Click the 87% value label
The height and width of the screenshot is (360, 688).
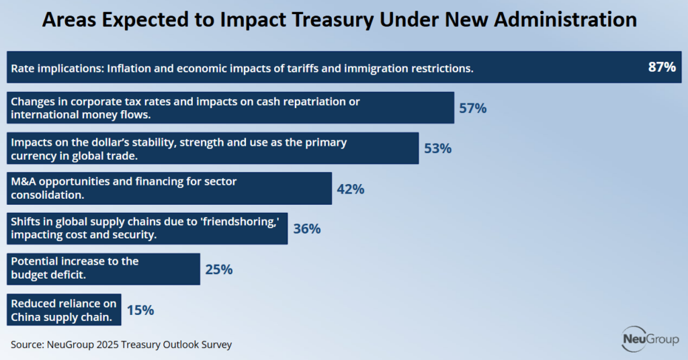coord(661,67)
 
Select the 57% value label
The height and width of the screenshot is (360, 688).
coord(472,108)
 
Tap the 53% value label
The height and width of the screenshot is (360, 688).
coord(437,148)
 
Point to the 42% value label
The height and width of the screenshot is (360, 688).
coord(350,189)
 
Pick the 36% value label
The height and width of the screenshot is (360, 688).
coord(306,229)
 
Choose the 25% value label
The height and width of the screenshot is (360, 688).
coord(218,269)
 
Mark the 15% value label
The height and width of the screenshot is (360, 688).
coord(140,310)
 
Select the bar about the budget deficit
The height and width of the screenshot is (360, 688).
coord(103,269)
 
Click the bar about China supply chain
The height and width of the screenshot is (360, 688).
coord(64,309)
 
